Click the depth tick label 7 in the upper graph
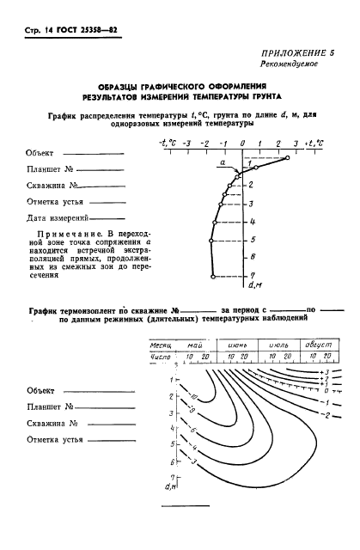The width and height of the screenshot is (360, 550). [x=251, y=275]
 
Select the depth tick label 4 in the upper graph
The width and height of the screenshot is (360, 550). [x=251, y=222]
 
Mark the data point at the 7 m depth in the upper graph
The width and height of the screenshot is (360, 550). [x=213, y=277]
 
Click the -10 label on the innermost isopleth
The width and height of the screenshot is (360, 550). [x=192, y=396]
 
